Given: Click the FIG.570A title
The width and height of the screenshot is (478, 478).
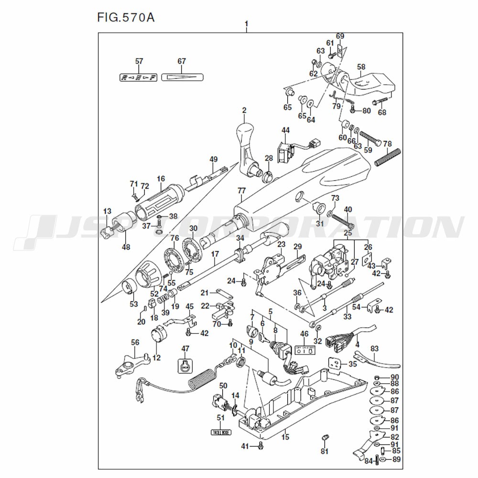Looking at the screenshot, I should coord(126,18).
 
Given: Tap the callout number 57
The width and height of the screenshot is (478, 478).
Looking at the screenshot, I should coord(139,61).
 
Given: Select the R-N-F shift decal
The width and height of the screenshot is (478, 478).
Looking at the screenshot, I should coord(139,77).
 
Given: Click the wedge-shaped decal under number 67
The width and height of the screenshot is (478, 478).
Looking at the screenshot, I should coord(182,76).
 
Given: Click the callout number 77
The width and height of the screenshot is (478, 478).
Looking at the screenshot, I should coord(241,191).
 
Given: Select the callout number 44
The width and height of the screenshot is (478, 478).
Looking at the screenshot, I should coord(285,130).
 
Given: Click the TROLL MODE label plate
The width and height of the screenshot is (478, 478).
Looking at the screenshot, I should coord(220,432).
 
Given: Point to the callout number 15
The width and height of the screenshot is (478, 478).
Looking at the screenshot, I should coord(285,436).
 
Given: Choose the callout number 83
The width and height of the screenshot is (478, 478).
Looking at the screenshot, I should coord(375,348).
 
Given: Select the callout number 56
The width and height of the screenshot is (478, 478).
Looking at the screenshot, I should coord(135,342).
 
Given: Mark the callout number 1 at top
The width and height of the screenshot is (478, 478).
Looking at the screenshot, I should coord(247,24).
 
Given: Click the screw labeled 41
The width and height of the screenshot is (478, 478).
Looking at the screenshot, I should coord(261,445).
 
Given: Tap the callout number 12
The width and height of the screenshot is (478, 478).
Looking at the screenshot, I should coord(157,357).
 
